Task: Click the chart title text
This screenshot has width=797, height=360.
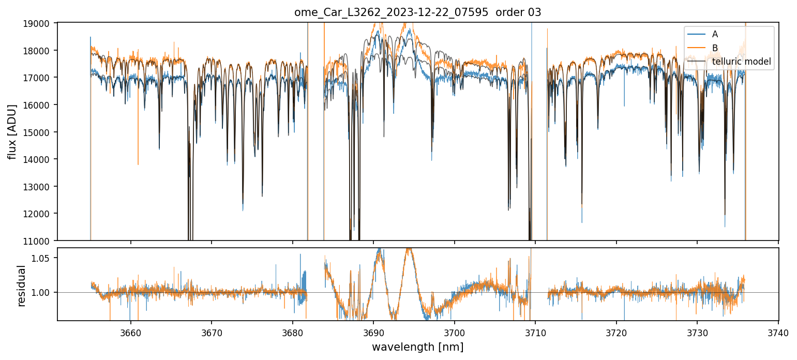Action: point(418,12)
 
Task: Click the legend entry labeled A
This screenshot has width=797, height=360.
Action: point(715,34)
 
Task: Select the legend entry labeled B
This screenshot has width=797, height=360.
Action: point(715,48)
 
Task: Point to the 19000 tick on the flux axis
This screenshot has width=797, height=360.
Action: point(41,23)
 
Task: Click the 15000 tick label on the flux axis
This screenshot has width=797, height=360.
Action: point(41,132)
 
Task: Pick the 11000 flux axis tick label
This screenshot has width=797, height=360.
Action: point(41,241)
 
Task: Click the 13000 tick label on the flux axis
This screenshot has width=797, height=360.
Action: point(41,186)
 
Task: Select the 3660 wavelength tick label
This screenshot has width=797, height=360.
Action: point(130,334)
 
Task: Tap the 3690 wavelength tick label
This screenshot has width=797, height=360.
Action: point(373,334)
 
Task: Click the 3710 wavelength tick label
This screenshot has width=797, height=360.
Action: point(535,334)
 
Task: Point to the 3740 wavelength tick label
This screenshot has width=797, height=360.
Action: point(778,334)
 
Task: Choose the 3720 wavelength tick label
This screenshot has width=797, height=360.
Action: point(616,334)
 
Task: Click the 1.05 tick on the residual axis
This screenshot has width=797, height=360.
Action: point(44,258)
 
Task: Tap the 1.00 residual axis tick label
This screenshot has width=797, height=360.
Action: point(44,293)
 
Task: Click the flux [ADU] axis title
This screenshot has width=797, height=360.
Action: point(12,131)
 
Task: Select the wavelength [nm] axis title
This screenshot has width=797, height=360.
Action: point(417,347)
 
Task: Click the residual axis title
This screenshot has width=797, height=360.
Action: point(21,286)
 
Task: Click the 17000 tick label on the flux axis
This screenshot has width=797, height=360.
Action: point(41,78)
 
